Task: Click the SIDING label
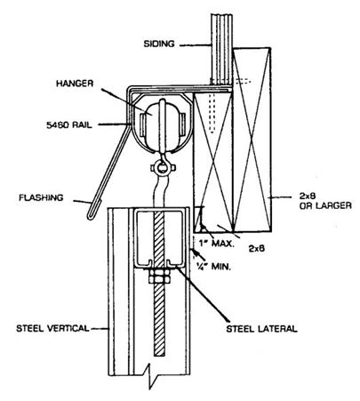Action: coord(159,44)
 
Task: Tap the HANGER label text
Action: coord(75,84)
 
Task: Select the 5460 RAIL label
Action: coord(69,124)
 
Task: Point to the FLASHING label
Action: coord(41,197)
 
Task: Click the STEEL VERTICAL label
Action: coord(52,328)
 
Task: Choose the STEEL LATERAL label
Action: coord(261,329)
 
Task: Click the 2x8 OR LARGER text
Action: coord(325,201)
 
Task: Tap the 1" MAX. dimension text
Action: coord(217,245)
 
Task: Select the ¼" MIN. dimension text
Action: coord(212,267)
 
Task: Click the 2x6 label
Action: coord(256,248)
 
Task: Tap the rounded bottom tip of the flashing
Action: coord(90,217)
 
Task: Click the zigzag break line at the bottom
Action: coord(150,378)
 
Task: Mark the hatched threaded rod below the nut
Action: coord(159,319)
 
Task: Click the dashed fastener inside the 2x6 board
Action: coord(212,113)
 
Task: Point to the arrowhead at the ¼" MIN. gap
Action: coord(194,252)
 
